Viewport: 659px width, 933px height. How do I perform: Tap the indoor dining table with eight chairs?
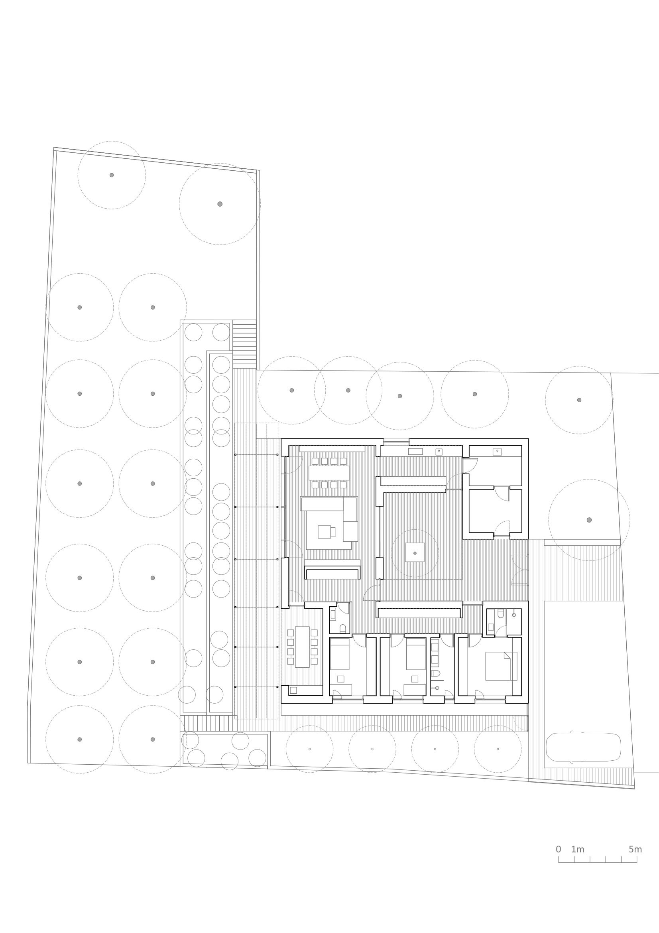click(329, 473)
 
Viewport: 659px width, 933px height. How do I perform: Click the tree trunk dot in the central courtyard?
click(415, 553)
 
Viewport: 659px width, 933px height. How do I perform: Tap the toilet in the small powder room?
click(342, 629)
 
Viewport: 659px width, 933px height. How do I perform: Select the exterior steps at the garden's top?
click(244, 344)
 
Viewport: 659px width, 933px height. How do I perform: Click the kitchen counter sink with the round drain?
click(439, 452)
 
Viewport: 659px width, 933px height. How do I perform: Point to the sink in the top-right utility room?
click(497, 452)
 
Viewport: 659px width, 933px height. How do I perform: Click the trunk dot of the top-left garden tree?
click(112, 175)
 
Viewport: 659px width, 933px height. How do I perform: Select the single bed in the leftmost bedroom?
click(339, 654)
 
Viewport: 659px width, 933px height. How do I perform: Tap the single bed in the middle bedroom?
click(415, 654)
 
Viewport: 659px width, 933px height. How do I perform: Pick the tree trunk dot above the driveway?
click(589, 520)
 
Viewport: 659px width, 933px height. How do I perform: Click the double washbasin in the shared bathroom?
click(435, 654)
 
